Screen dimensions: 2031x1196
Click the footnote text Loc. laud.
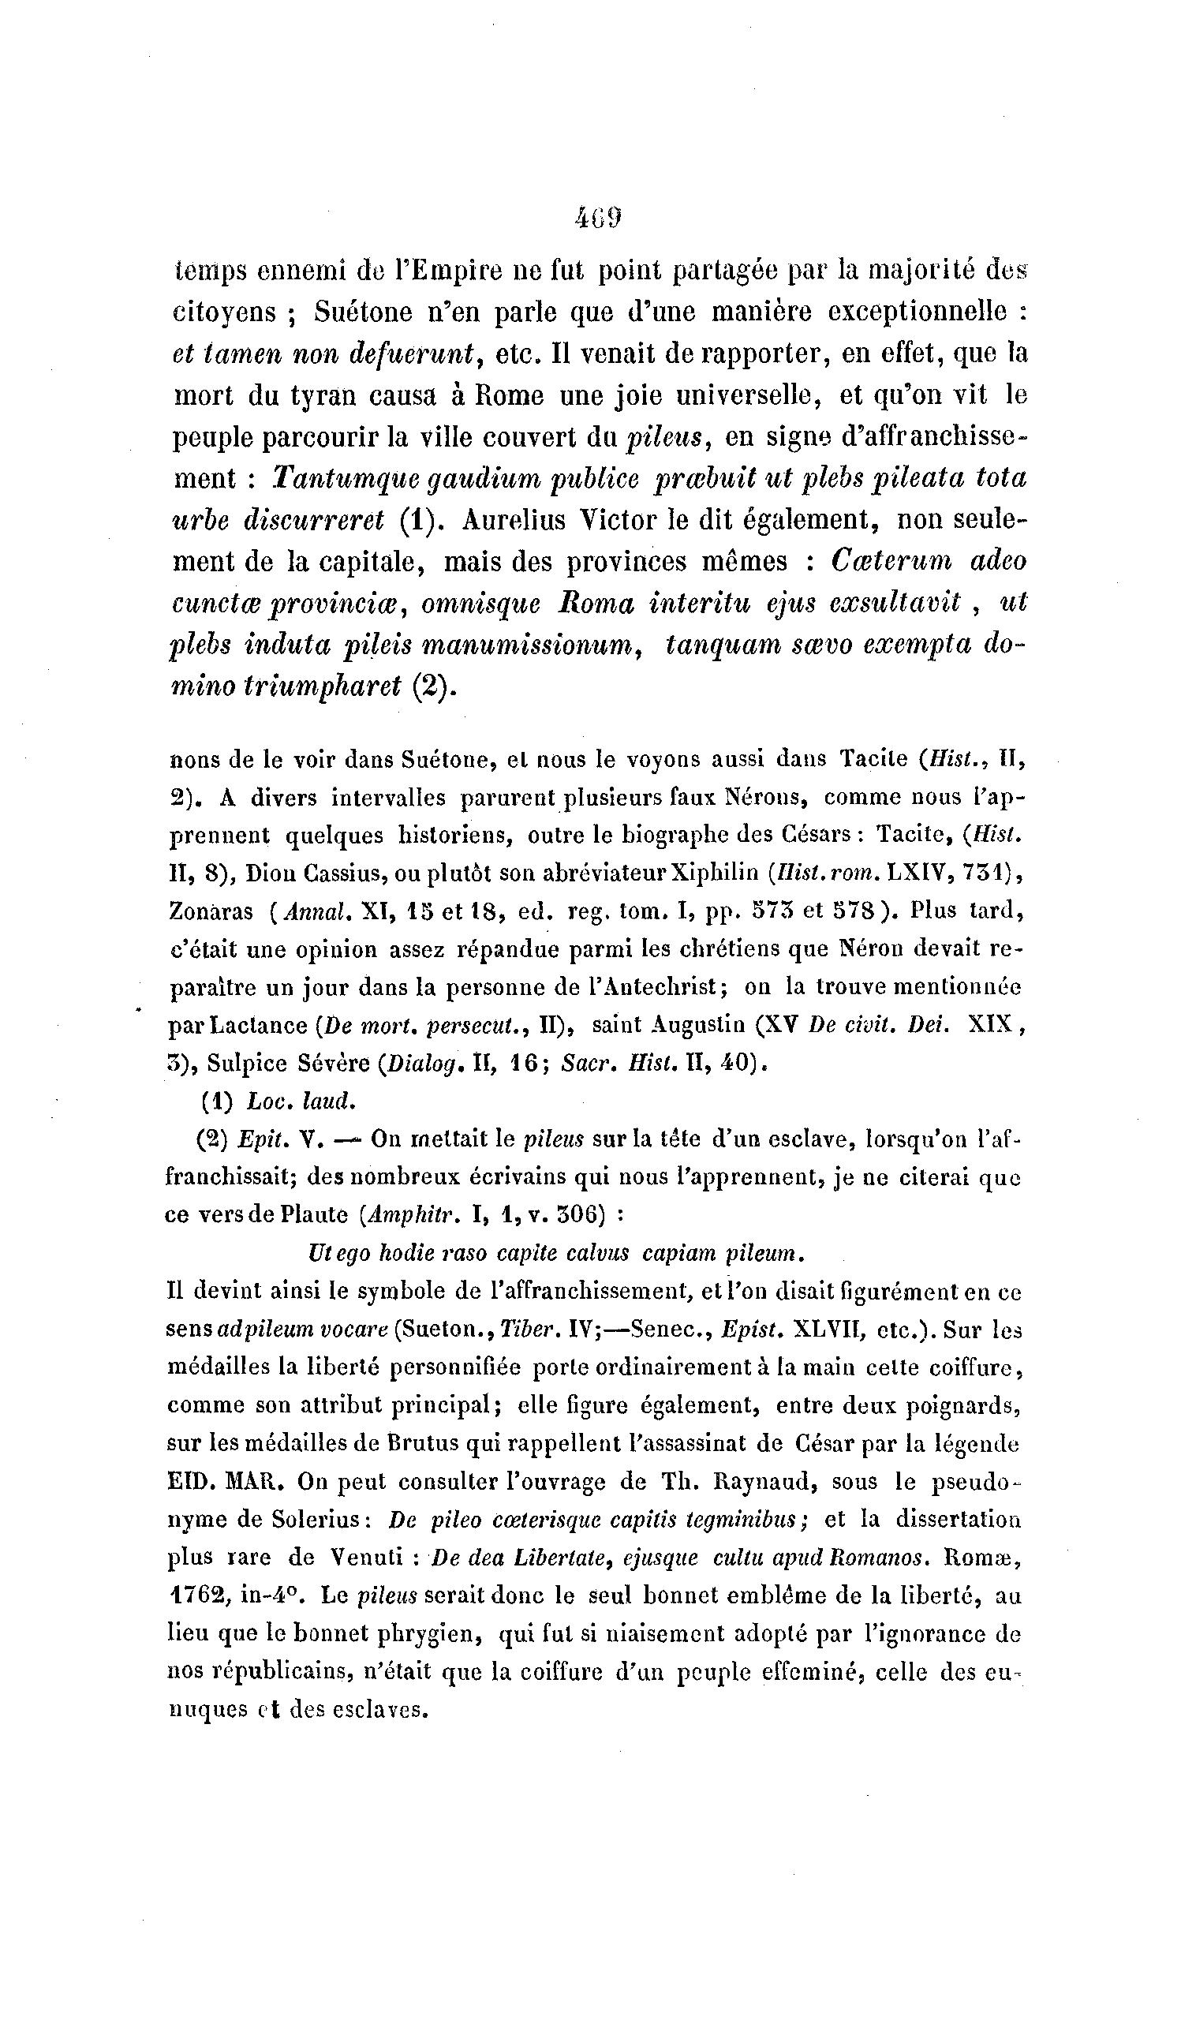click(301, 1101)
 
